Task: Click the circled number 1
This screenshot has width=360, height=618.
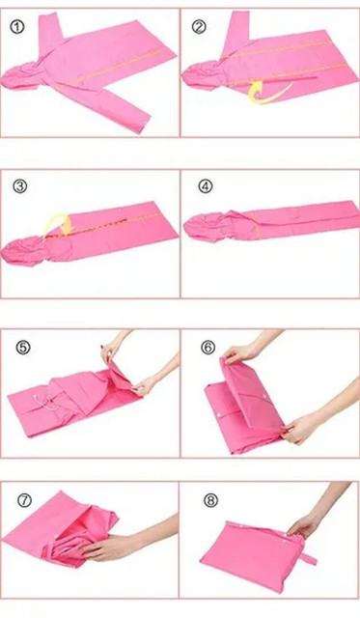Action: (x=17, y=28)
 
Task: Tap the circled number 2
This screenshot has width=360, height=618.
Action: (x=199, y=27)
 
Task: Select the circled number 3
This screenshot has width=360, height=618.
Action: (x=20, y=186)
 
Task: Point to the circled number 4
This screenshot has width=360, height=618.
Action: (x=205, y=186)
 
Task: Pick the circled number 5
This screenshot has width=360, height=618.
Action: (x=23, y=348)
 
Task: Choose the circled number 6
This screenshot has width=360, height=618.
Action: (x=208, y=348)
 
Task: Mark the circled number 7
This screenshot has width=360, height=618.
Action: (x=24, y=500)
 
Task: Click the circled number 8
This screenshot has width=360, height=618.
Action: (x=210, y=500)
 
